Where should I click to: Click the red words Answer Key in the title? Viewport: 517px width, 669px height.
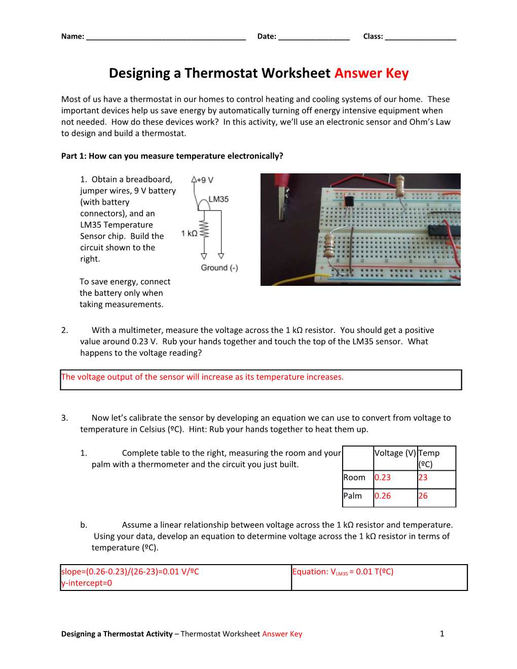pyautogui.click(x=371, y=73)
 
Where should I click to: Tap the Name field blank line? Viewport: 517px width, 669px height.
pyautogui.click(x=166, y=37)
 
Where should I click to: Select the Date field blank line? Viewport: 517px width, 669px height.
pyautogui.click(x=314, y=37)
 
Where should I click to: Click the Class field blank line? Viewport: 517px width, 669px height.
pyautogui.click(x=420, y=37)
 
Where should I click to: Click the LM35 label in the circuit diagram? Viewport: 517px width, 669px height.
pyautogui.click(x=218, y=199)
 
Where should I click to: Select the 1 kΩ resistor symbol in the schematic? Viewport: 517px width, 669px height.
pyautogui.click(x=204, y=230)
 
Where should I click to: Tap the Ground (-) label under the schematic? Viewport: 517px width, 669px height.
pyautogui.click(x=219, y=268)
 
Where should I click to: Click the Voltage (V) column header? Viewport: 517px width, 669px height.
pyautogui.click(x=395, y=453)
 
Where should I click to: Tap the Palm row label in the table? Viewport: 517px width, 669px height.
pyautogui.click(x=353, y=496)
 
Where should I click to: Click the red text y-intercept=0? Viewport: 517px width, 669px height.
pyautogui.click(x=87, y=583)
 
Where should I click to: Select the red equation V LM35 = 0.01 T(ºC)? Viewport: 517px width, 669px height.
pyautogui.click(x=343, y=572)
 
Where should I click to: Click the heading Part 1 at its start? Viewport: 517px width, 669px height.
pyautogui.click(x=73, y=156)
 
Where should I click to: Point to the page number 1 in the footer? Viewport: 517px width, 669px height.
pyautogui.click(x=442, y=634)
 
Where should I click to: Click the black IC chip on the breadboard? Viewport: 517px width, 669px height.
pyautogui.click(x=444, y=231)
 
